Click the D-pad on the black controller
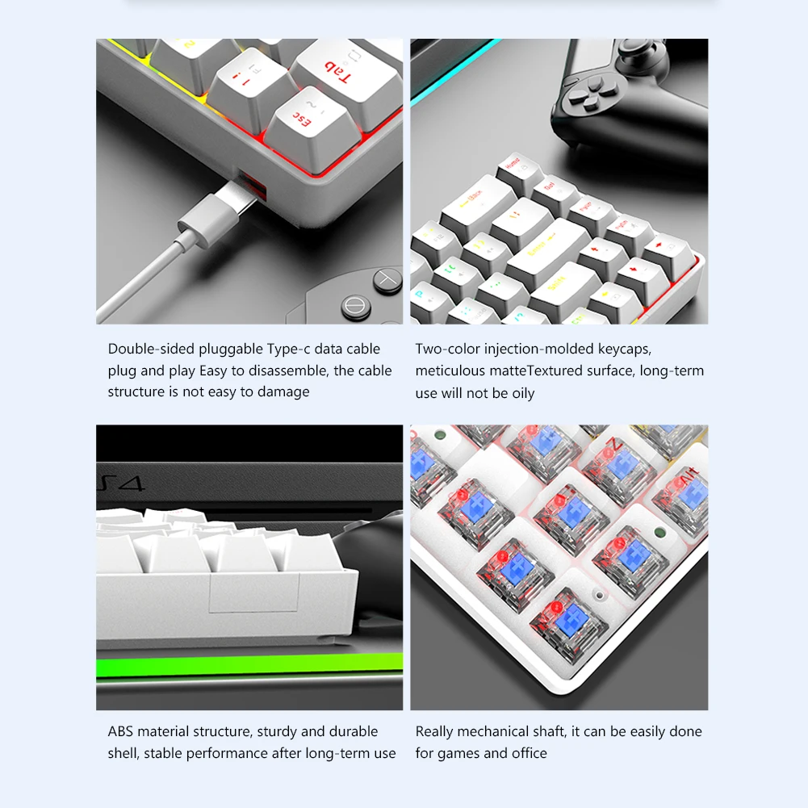point(582,95)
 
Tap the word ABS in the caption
point(121,731)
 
